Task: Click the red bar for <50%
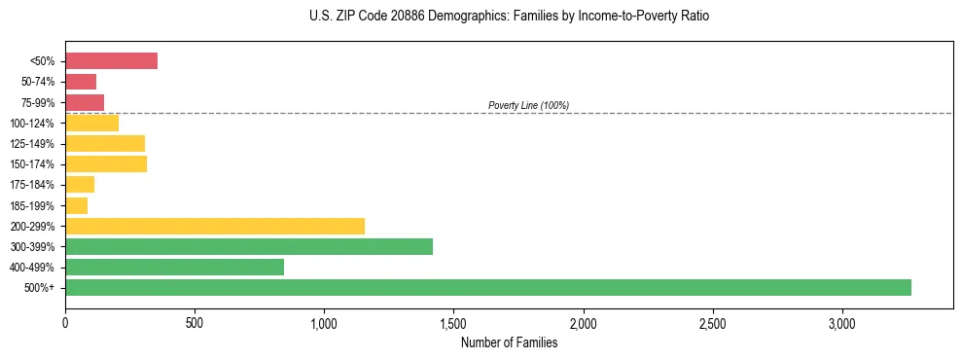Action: (x=111, y=60)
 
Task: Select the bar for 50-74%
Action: (x=81, y=82)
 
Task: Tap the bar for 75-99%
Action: (x=85, y=102)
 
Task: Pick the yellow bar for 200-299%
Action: (x=215, y=226)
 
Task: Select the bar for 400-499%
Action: (x=174, y=267)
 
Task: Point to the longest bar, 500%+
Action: (x=488, y=287)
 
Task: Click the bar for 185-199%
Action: (x=76, y=205)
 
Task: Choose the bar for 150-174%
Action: (x=106, y=163)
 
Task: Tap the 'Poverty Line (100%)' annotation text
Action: (x=528, y=105)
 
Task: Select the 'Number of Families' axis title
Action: (x=509, y=342)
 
